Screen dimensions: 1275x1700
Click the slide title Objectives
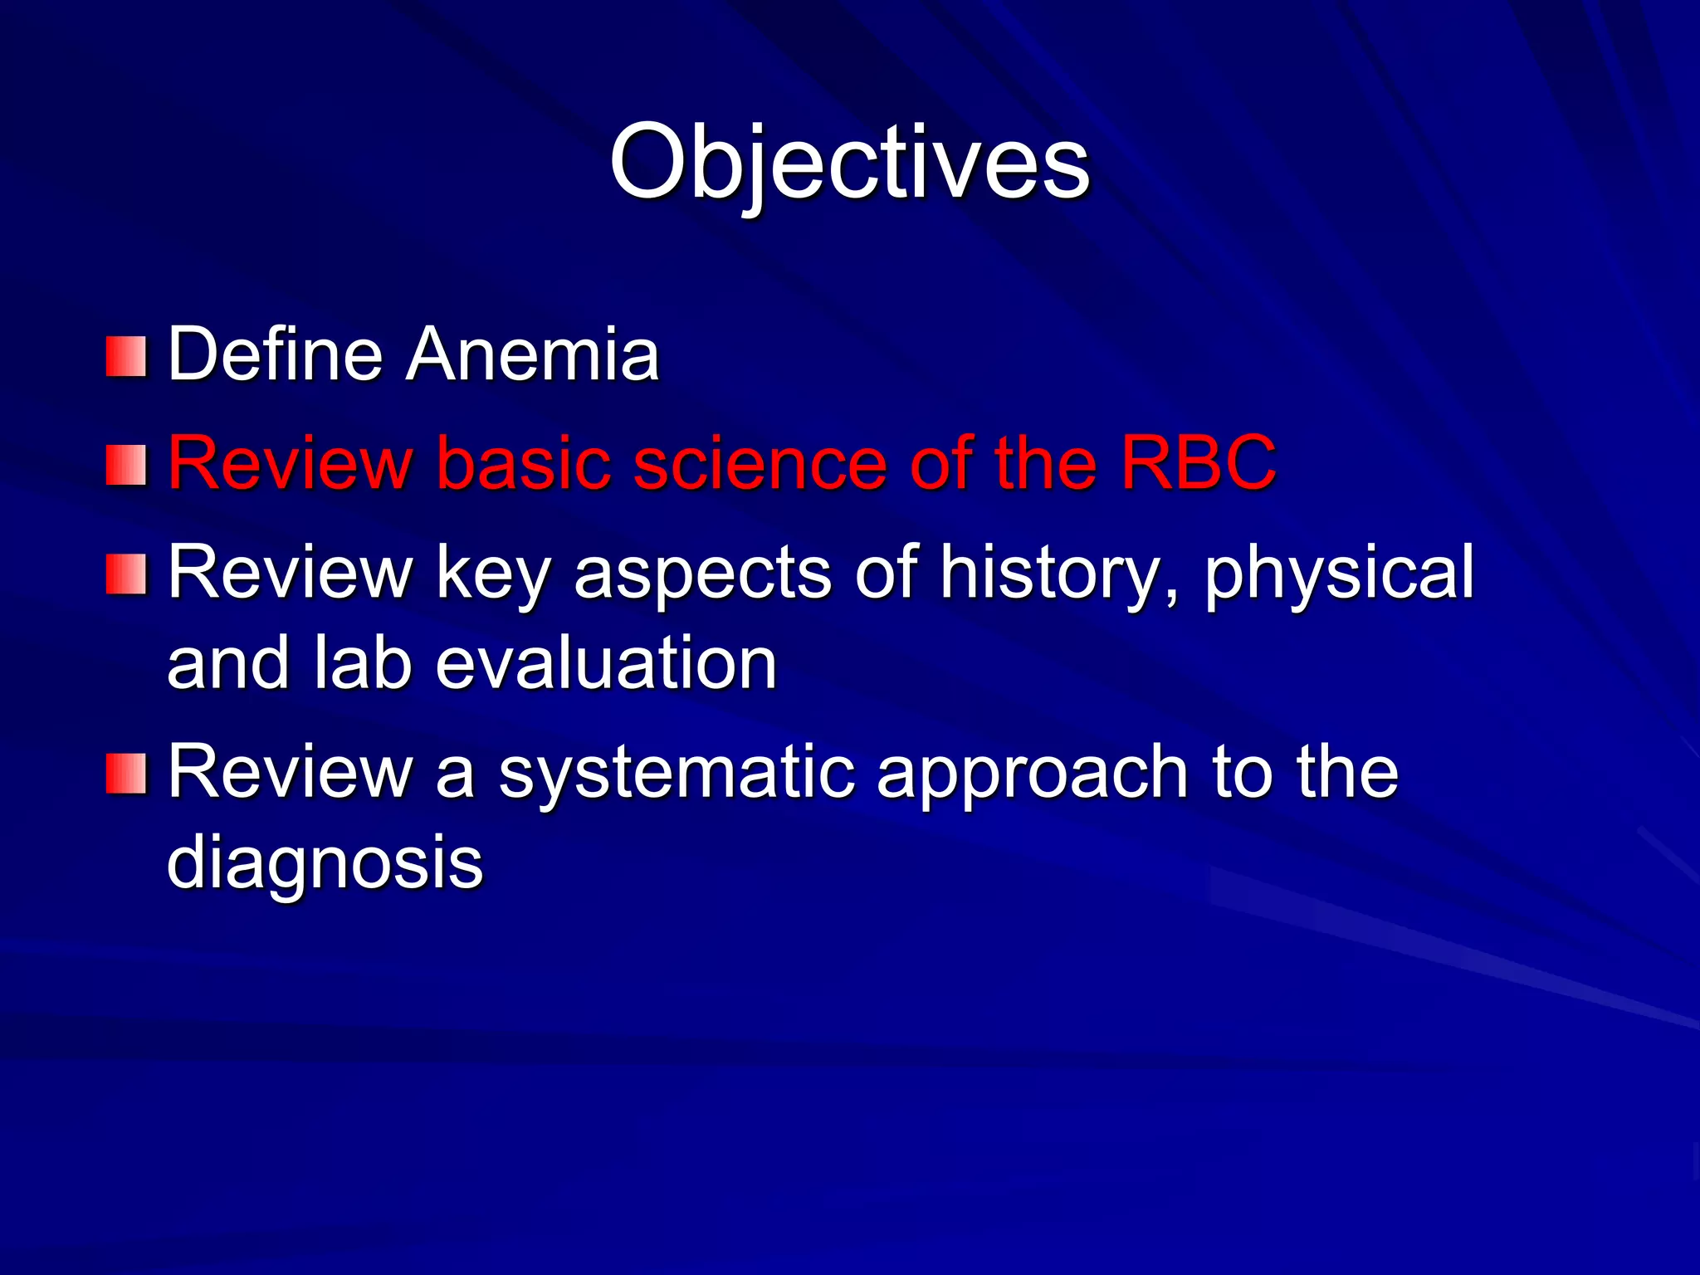click(849, 162)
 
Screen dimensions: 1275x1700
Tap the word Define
click(275, 354)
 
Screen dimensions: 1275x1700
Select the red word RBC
click(1198, 462)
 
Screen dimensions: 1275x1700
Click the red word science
click(760, 462)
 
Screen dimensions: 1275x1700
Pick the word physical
click(1339, 573)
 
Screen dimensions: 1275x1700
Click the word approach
click(1032, 774)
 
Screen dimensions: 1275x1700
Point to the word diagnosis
click(325, 863)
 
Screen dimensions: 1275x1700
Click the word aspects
click(702, 573)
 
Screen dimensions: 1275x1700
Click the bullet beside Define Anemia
click(126, 356)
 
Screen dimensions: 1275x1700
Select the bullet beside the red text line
click(126, 465)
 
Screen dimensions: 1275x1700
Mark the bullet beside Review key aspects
click(126, 574)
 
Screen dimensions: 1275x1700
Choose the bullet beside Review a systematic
click(126, 774)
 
